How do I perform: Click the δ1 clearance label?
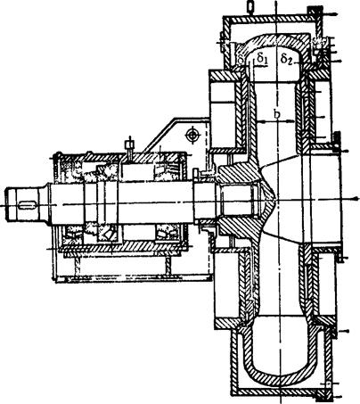pos(262,58)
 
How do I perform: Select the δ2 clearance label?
pos(287,59)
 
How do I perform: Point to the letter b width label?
pos(277,113)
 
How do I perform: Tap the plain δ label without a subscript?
pos(242,60)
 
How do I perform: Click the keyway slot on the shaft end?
pos(28,205)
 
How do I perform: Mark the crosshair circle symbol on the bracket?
pos(192,136)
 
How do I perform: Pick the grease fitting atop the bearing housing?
pos(130,146)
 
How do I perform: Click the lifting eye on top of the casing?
pos(251,6)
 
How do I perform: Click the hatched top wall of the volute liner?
pos(276,39)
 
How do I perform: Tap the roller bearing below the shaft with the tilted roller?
pos(108,235)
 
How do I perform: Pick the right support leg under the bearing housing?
pos(168,267)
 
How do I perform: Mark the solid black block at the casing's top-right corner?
pos(315,11)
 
